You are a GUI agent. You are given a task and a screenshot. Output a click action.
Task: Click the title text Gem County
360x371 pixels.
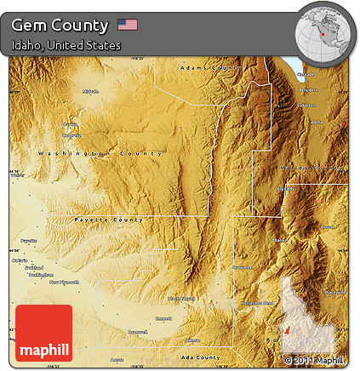point(60,25)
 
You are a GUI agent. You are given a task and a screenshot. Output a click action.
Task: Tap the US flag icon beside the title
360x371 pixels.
point(128,24)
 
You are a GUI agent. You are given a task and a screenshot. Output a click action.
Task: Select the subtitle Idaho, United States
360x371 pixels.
point(66,45)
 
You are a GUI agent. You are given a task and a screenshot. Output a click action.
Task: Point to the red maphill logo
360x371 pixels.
point(43,334)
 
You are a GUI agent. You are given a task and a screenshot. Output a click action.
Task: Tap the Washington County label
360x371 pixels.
point(100,153)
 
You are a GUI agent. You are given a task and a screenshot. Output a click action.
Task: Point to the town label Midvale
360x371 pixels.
point(91,91)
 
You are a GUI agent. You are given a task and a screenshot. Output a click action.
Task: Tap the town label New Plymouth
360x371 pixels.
point(64,282)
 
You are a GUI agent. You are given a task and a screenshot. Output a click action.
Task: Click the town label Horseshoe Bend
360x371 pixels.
point(257,303)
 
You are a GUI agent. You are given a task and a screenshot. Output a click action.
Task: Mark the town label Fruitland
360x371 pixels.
point(35,267)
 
